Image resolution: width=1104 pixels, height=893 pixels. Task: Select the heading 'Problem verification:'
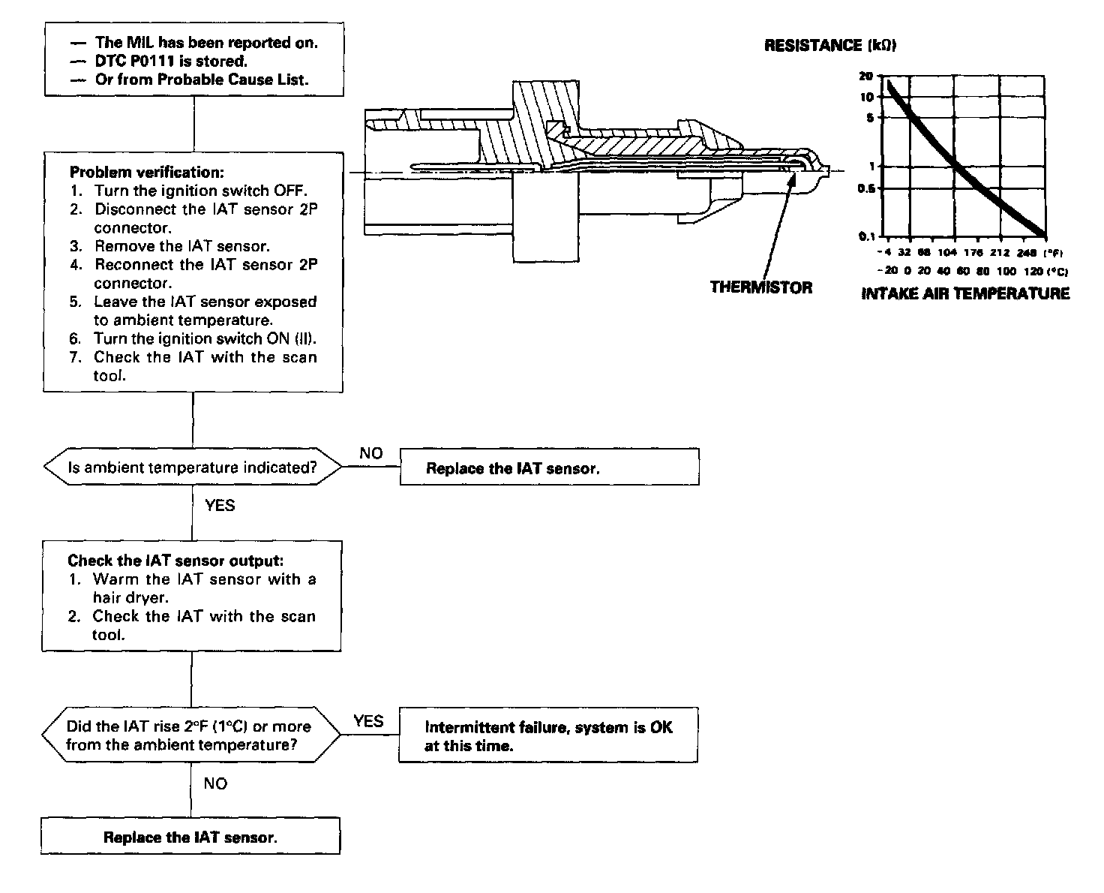[147, 172]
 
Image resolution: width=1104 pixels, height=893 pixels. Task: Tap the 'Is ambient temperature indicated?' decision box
[193, 468]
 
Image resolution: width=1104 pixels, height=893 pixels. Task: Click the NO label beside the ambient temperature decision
[370, 453]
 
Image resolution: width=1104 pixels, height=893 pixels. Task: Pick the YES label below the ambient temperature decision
[220, 506]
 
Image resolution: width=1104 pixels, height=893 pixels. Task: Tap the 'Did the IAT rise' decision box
[191, 735]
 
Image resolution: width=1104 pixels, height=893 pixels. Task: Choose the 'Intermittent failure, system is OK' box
[547, 736]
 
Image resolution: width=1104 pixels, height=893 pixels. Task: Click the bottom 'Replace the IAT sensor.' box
[190, 837]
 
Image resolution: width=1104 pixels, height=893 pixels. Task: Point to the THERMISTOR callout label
[760, 287]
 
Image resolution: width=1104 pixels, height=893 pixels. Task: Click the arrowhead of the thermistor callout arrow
[792, 170]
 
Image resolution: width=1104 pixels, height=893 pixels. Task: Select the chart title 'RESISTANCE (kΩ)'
[830, 46]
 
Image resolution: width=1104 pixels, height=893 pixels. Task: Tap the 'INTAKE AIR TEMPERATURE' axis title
[965, 293]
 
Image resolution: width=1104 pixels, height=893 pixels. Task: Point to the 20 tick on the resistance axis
[867, 77]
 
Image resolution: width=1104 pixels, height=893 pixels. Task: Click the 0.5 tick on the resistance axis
[866, 189]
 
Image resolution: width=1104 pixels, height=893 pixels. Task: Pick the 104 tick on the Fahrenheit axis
[948, 253]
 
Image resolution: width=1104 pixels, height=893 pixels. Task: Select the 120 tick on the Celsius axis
[1033, 271]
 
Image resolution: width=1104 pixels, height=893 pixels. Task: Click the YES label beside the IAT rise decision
[368, 721]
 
